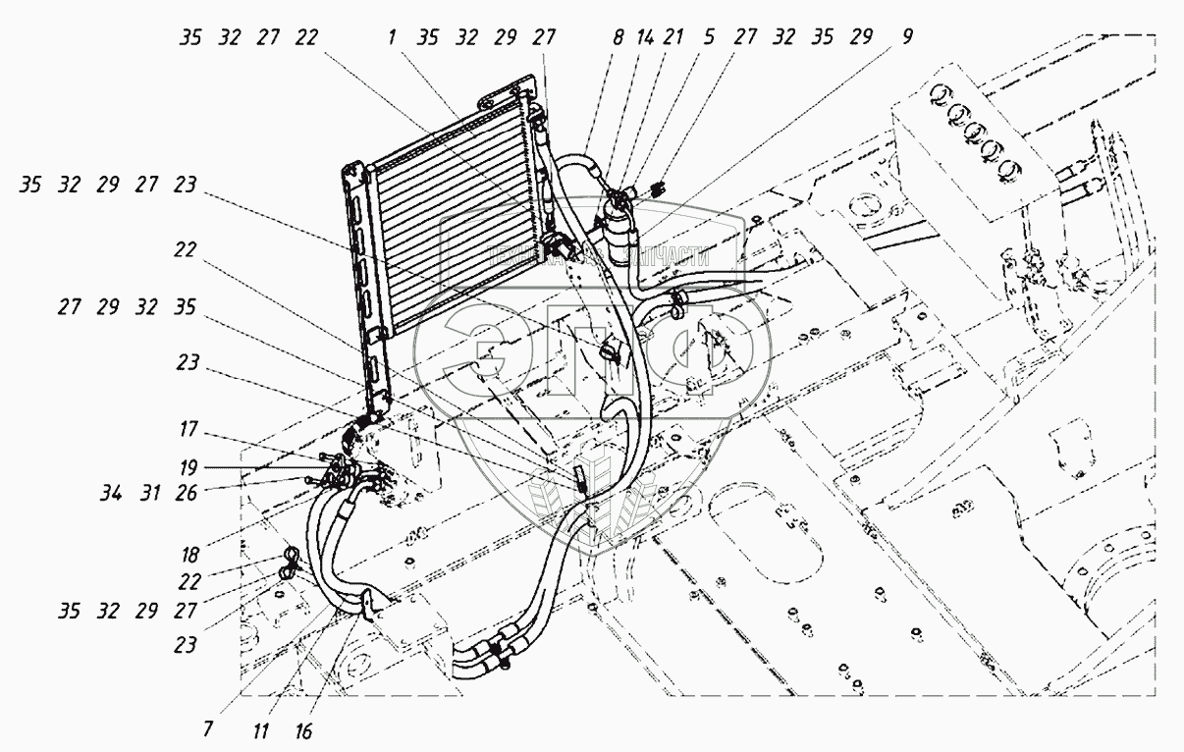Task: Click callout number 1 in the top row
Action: click(x=392, y=38)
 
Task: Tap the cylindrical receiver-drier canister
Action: click(x=620, y=231)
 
